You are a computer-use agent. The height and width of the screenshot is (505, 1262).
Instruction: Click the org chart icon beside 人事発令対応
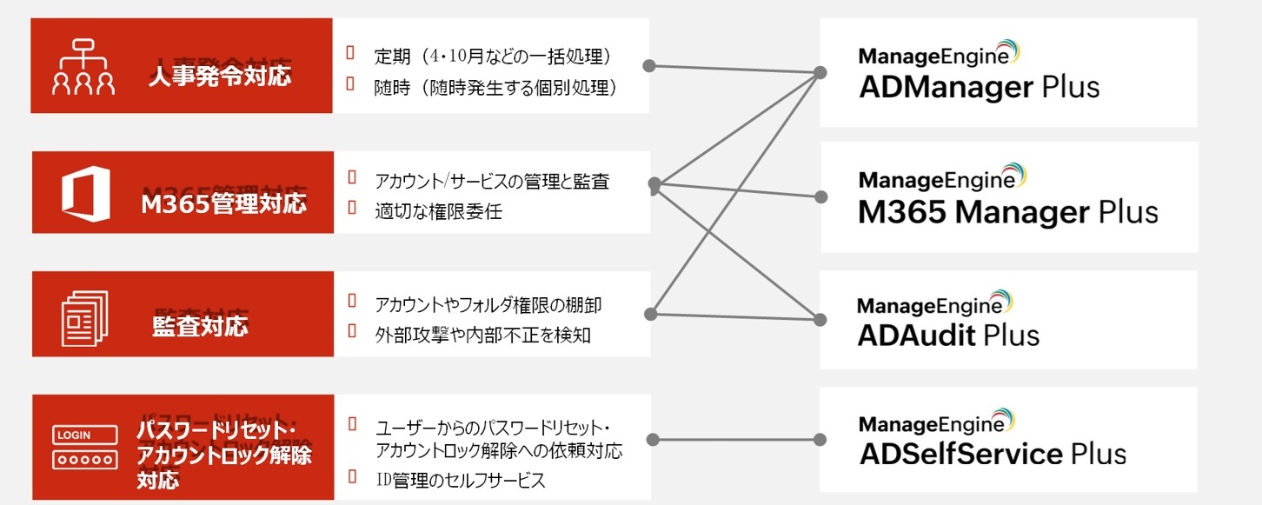pyautogui.click(x=83, y=67)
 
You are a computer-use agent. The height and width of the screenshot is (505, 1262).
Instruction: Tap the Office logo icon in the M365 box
pyautogui.click(x=85, y=192)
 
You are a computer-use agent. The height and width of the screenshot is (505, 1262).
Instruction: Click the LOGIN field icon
pyautogui.click(x=85, y=446)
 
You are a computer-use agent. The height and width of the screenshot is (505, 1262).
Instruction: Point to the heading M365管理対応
pyautogui.click(x=223, y=203)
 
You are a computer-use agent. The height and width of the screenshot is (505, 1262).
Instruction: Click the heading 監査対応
pyautogui.click(x=200, y=326)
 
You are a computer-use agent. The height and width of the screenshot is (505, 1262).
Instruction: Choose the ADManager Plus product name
pyautogui.click(x=979, y=87)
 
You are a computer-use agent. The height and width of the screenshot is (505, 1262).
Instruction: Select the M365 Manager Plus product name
pyautogui.click(x=1008, y=212)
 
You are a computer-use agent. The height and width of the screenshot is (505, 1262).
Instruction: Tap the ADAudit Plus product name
pyautogui.click(x=948, y=336)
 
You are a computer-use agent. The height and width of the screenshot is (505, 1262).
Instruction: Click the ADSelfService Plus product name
pyautogui.click(x=992, y=454)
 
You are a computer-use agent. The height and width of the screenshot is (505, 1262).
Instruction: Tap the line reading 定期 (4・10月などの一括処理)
pyautogui.click(x=493, y=56)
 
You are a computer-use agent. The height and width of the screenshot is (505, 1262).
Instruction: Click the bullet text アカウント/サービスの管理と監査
pyautogui.click(x=492, y=182)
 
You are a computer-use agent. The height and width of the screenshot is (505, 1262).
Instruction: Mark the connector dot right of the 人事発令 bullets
pyautogui.click(x=648, y=64)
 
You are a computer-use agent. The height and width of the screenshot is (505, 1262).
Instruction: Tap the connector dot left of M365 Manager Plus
pyautogui.click(x=819, y=196)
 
